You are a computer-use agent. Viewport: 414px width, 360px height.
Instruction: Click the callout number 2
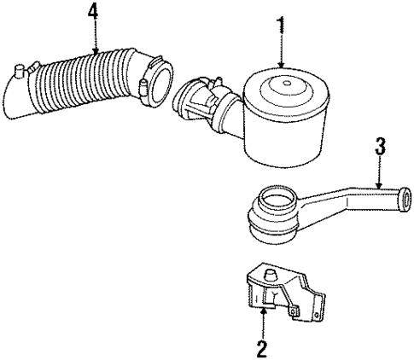tap(263, 347)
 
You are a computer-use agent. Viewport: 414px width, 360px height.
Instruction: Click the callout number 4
tap(91, 12)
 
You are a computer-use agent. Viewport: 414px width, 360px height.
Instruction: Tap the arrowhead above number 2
tap(263, 311)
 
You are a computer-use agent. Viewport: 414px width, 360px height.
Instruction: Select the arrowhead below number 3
tap(380, 186)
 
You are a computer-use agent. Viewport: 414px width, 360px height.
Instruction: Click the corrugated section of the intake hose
tap(85, 81)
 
